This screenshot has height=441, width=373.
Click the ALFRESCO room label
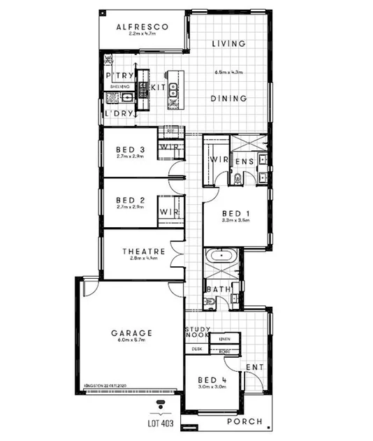[142, 27]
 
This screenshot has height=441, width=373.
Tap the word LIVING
[228, 43]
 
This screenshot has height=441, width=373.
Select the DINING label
[228, 99]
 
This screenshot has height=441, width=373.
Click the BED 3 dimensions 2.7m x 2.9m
[130, 157]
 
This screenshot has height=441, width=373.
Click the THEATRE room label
[143, 252]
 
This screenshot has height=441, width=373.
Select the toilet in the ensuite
[237, 178]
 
